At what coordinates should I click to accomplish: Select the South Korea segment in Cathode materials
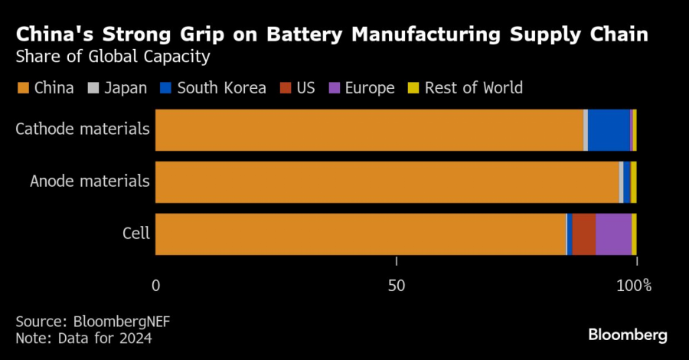pyautogui.click(x=609, y=130)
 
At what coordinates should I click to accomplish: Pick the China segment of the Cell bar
pyautogui.click(x=360, y=234)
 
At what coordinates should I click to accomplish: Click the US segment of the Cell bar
pyautogui.click(x=584, y=234)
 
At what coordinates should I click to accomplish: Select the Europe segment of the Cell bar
pyautogui.click(x=613, y=234)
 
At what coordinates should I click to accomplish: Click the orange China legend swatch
pyautogui.click(x=22, y=88)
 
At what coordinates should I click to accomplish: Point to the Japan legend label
pyautogui.click(x=125, y=88)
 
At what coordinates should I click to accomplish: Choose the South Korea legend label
pyautogui.click(x=221, y=88)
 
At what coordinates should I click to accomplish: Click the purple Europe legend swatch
pyautogui.click(x=333, y=88)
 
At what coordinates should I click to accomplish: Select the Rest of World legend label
pyautogui.click(x=473, y=88)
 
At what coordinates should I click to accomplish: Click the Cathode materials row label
pyautogui.click(x=83, y=129)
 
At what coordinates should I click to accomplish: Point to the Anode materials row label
pyautogui.click(x=90, y=182)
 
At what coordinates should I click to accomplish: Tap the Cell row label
pyautogui.click(x=136, y=234)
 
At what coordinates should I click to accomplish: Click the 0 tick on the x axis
pyautogui.click(x=156, y=286)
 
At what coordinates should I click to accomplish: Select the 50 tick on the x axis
pyautogui.click(x=396, y=286)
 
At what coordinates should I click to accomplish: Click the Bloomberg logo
pyautogui.click(x=628, y=335)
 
